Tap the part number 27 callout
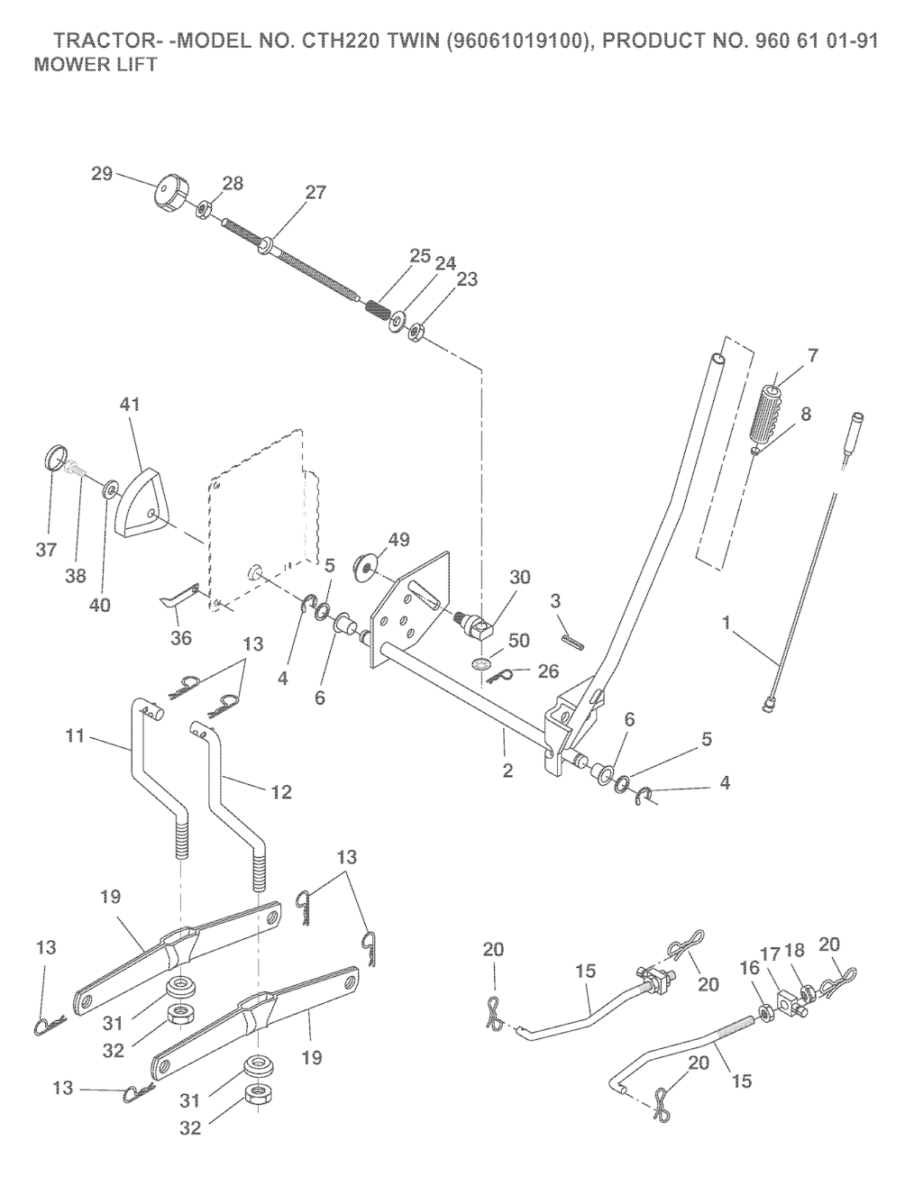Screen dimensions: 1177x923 click(315, 192)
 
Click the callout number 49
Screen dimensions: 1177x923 click(398, 540)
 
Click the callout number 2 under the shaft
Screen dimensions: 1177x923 click(507, 771)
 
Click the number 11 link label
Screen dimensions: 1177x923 click(76, 735)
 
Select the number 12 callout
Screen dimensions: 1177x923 click(281, 791)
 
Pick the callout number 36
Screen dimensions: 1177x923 click(181, 638)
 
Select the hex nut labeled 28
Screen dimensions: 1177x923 click(205, 209)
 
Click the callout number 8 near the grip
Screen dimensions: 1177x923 click(805, 414)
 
